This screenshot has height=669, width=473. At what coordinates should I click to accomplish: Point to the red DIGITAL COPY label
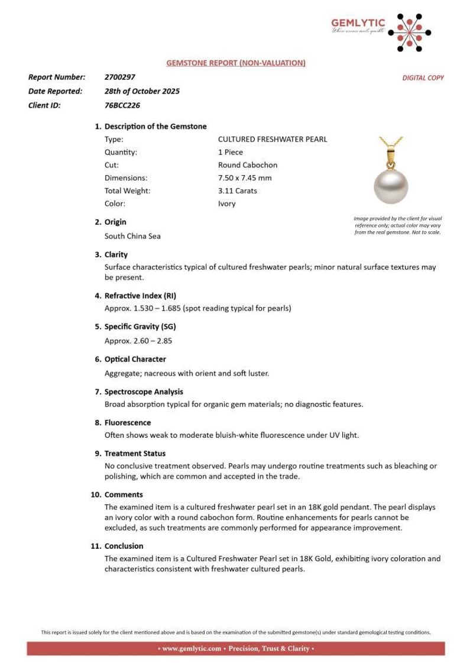(423, 78)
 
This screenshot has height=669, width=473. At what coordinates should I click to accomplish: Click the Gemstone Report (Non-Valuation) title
(236, 62)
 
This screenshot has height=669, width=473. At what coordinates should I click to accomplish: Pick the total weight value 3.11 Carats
(237, 190)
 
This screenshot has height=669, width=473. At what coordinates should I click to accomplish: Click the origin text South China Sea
(132, 236)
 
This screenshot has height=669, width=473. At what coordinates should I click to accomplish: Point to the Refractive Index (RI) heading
(141, 295)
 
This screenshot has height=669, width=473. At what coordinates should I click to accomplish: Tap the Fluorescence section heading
(128, 422)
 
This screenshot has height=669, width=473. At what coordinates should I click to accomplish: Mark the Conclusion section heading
(124, 546)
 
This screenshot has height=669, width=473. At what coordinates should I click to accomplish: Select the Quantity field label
(121, 152)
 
